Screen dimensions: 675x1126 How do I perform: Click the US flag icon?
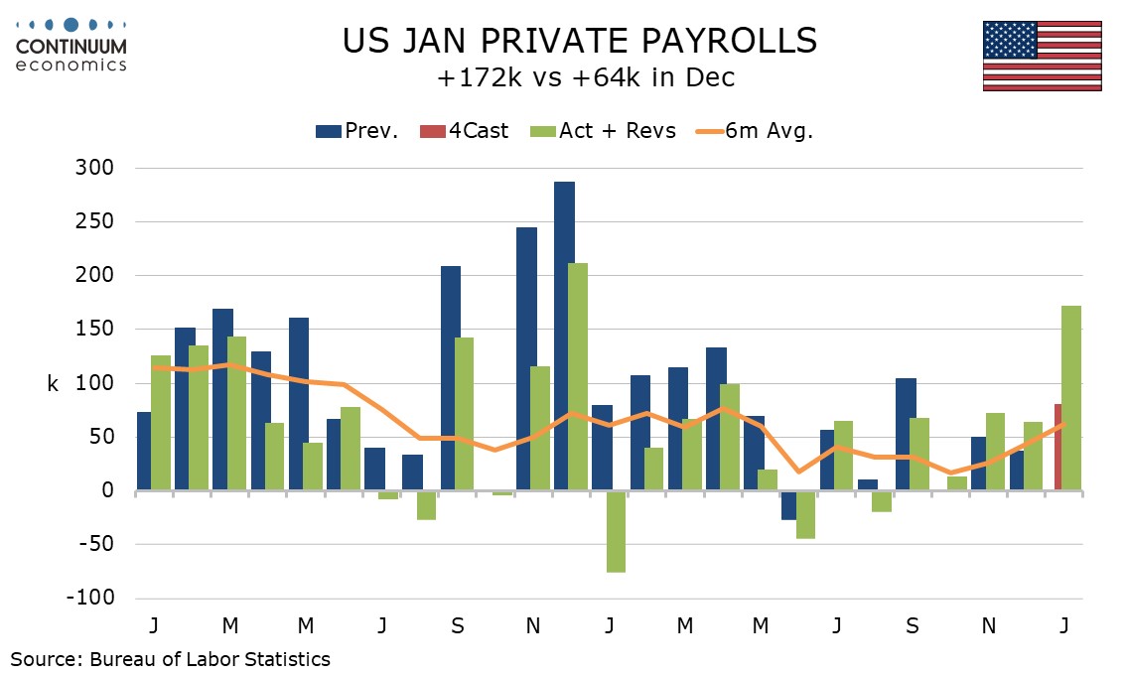coord(1042,56)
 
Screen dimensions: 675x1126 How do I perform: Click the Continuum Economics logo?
coord(71,45)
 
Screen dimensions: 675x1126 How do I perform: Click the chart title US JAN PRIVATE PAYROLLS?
coord(580,41)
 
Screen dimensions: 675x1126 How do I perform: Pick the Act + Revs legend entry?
coord(606,131)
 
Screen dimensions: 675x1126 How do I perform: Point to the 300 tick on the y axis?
coord(96,168)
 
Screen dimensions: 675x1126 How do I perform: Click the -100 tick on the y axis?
coord(91,599)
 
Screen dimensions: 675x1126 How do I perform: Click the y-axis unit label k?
coord(52,383)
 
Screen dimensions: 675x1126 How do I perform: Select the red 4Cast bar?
coord(1058,448)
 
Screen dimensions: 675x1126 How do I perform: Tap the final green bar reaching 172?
coord(1071,398)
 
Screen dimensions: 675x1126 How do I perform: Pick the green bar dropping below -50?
coord(616,531)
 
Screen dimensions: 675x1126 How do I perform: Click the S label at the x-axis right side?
coord(913,625)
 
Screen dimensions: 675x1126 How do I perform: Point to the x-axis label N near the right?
coord(988,625)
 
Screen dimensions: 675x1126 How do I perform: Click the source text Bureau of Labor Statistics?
coord(170,658)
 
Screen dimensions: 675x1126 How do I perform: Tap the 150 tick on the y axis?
coord(96,329)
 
